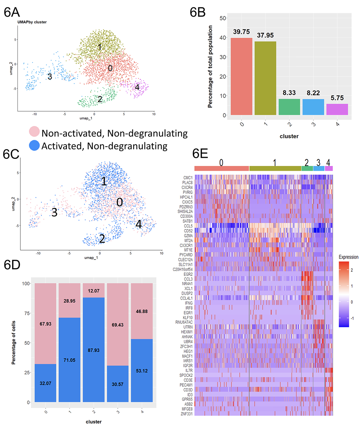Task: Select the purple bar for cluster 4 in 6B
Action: click(337, 109)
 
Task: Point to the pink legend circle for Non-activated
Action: click(34, 132)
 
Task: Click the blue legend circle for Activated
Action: click(34, 146)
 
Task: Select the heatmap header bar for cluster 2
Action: click(307, 168)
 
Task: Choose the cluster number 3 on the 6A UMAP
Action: click(49, 77)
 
